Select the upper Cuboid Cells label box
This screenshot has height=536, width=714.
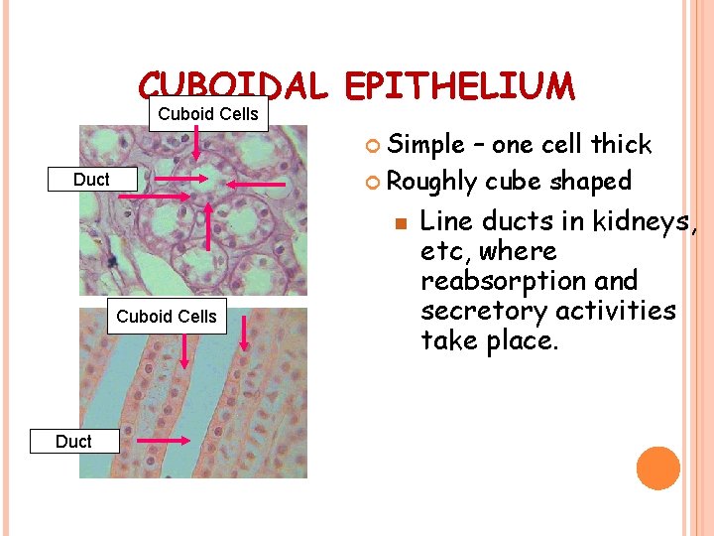208,114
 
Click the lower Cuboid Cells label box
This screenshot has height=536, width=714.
167,317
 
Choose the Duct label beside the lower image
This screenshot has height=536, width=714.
73,442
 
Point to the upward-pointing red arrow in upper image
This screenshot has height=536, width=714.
209,229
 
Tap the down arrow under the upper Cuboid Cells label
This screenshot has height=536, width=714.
196,143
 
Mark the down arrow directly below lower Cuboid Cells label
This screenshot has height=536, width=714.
184,349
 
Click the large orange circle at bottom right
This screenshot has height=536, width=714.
657,469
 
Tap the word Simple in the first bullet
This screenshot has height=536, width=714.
424,145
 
